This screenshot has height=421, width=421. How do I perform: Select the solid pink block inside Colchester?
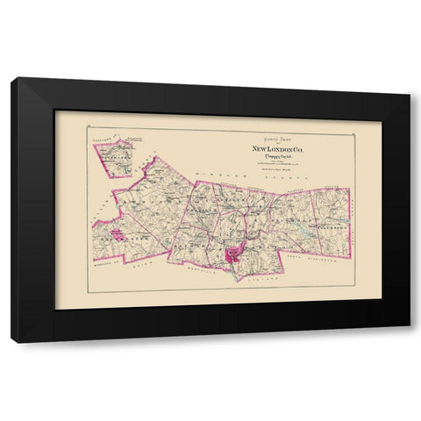click(x=113, y=245)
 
